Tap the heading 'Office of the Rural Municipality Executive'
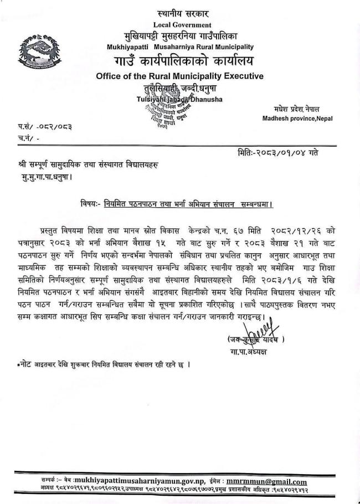pyautogui.click(x=180, y=76)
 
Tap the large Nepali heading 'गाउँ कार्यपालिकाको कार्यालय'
pyautogui.click(x=181, y=60)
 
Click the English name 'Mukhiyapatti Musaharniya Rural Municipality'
pyautogui.click(x=180, y=47)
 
